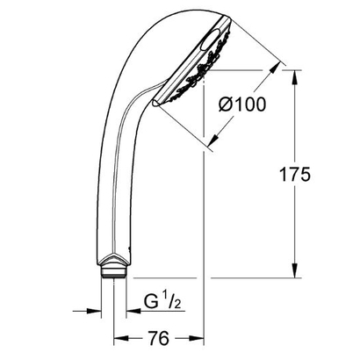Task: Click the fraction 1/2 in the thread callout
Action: click(x=169, y=303)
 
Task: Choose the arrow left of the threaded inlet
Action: click(x=94, y=309)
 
